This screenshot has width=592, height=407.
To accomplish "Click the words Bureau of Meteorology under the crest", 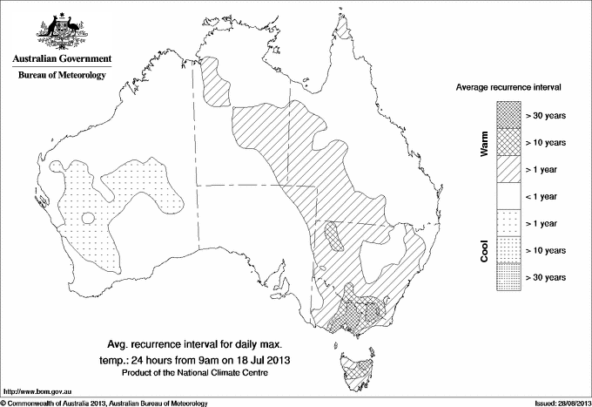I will click(x=61, y=76).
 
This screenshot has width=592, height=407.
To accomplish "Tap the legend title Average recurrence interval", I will click(x=513, y=88).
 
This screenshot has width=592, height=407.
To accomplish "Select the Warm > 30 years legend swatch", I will click(x=508, y=114).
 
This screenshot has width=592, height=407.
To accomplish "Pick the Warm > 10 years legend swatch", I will click(x=508, y=141).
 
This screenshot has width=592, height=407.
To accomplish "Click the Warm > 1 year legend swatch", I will click(x=508, y=168).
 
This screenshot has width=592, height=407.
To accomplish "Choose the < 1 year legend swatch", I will click(x=508, y=195).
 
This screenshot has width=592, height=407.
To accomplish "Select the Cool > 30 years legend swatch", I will click(x=508, y=276).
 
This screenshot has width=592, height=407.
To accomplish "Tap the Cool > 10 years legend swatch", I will click(x=508, y=249).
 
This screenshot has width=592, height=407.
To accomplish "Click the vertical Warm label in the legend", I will click(x=484, y=145).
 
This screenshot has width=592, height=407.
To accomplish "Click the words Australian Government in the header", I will click(x=61, y=59).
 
